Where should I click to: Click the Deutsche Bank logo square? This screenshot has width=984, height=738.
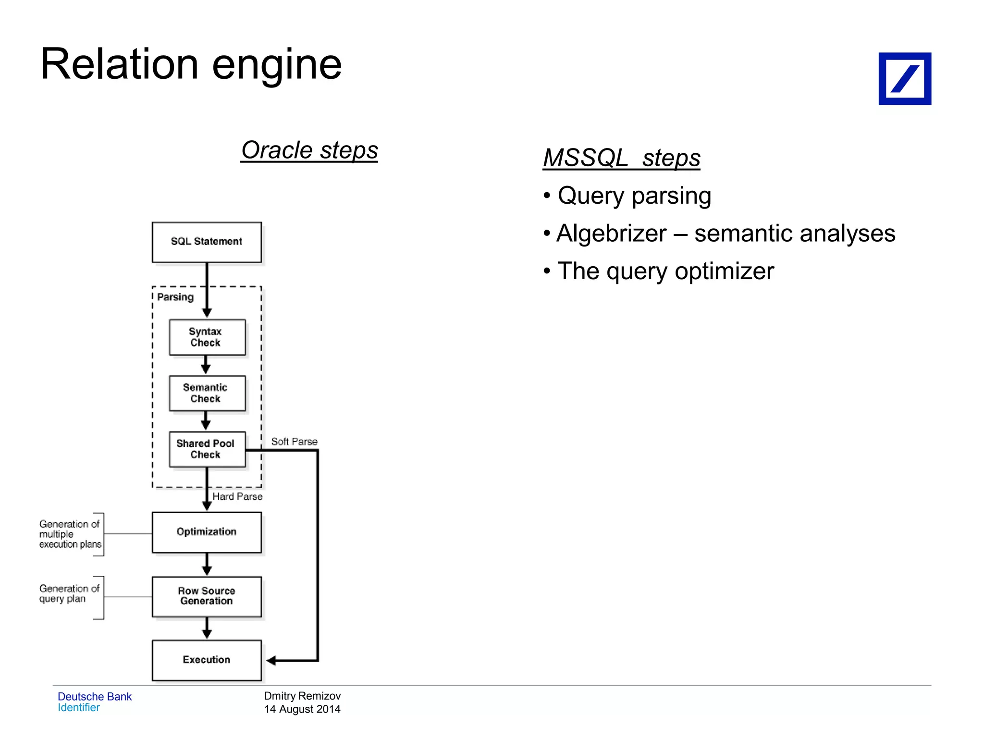tap(904, 79)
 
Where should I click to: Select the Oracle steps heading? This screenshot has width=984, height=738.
tap(309, 150)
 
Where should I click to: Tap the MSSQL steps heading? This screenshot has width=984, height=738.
tap(621, 158)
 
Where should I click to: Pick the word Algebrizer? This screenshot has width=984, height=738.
tap(611, 234)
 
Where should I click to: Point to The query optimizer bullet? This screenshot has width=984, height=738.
tap(665, 271)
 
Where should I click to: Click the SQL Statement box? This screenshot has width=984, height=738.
tap(207, 242)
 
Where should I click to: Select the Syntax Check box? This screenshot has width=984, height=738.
tap(207, 337)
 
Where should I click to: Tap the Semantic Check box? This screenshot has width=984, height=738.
tap(207, 393)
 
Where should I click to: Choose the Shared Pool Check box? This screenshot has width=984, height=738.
tap(207, 449)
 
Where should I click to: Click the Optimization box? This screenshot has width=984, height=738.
tap(207, 532)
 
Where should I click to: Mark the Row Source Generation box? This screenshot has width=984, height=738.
tap(207, 596)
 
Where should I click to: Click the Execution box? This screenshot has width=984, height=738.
tap(207, 660)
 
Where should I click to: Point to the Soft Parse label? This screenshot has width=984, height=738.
tap(294, 442)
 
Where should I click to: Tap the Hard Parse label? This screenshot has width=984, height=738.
tap(237, 496)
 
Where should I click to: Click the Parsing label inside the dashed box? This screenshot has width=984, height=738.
tap(175, 297)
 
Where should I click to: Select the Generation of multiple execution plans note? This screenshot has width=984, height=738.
tap(70, 534)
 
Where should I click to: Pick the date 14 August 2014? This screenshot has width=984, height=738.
tap(302, 709)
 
